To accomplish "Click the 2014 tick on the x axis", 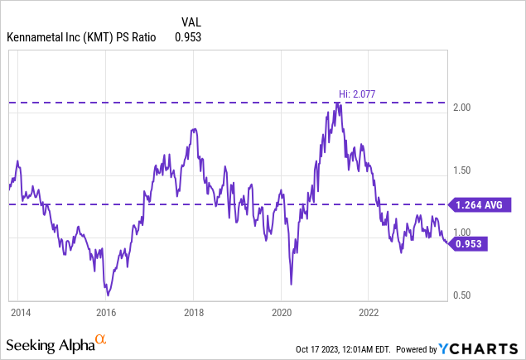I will tap(20, 313).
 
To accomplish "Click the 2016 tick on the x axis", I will tap(106, 313).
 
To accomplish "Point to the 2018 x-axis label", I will tap(193, 313).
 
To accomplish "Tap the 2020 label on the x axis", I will tap(282, 313).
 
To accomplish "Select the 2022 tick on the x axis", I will tap(369, 313).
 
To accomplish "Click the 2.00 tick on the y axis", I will tap(461, 108).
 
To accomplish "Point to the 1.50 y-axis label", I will tap(461, 170).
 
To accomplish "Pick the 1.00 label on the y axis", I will tap(461, 233).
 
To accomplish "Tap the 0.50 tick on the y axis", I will tap(461, 295).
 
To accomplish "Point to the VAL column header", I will tap(191, 22).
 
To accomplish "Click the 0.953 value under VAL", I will tap(188, 37).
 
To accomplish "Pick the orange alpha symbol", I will tap(100, 339).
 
